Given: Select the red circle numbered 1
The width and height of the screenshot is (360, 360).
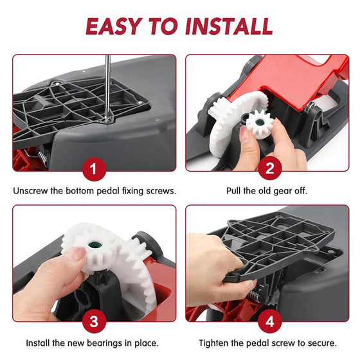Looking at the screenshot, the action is (x=94, y=169).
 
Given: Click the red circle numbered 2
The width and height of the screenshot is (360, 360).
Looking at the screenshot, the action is (x=270, y=168).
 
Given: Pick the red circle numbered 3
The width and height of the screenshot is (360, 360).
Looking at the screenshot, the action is (x=94, y=321).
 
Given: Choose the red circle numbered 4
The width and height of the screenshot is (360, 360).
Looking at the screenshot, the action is (x=270, y=321).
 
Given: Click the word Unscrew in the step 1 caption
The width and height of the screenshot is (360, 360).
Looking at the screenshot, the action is (x=31, y=191).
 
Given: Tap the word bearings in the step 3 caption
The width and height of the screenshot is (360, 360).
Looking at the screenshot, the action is (x=104, y=343).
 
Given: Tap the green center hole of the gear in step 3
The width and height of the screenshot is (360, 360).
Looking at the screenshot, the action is (x=94, y=245).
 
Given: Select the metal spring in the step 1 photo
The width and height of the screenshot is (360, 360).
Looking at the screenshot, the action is (x=44, y=157).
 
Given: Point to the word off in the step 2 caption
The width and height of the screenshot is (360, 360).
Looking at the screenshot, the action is (x=300, y=191).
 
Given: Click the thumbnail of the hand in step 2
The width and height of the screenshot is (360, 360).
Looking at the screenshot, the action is (x=244, y=132).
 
